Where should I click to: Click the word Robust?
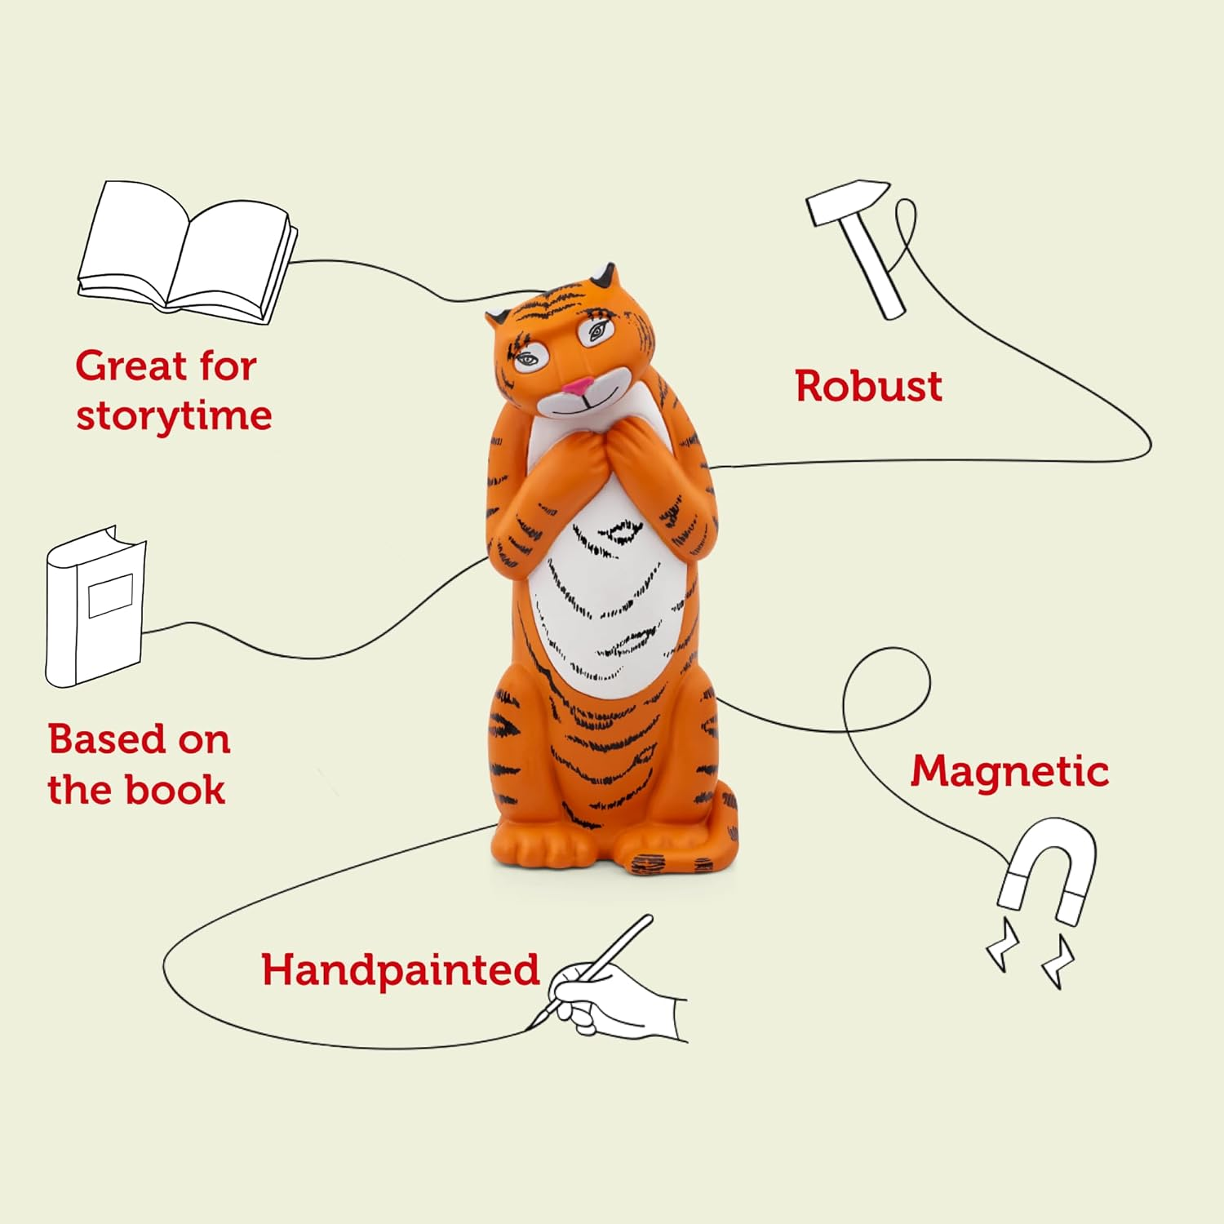point(868,386)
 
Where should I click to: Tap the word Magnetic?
point(1009,771)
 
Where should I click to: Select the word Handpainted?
point(400,969)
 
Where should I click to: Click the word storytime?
point(174,416)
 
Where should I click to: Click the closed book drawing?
point(95,608)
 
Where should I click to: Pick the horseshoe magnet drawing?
point(1046,873)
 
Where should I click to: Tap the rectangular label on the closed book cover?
point(110,595)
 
